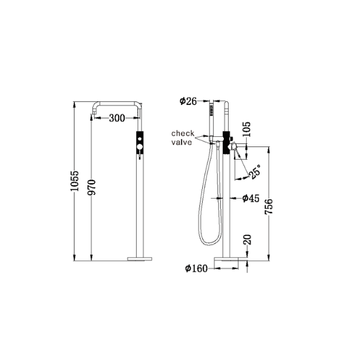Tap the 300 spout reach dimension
(117, 118)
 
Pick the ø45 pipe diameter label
(251, 199)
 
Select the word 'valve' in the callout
(182, 142)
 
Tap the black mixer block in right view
(226, 143)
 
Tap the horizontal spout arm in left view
(117, 103)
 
